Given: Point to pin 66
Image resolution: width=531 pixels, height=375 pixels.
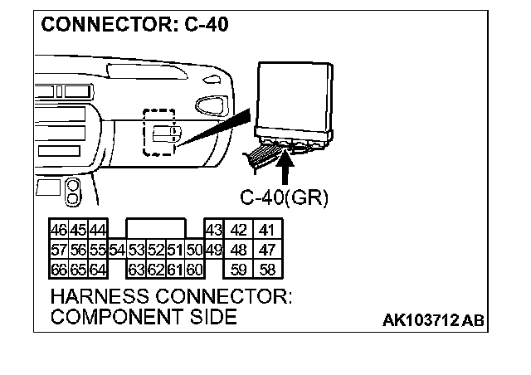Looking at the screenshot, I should (59, 269).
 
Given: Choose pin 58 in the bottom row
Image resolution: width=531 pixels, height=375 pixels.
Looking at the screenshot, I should (267, 269).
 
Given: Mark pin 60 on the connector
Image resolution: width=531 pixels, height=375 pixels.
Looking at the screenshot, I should (194, 269).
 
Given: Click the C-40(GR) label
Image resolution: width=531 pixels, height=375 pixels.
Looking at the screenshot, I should (285, 197).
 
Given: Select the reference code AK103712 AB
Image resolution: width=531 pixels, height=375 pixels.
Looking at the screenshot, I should (432, 319).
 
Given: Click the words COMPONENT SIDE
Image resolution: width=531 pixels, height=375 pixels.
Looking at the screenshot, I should (143, 317).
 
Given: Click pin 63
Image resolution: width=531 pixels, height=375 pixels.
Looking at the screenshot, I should (137, 269).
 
